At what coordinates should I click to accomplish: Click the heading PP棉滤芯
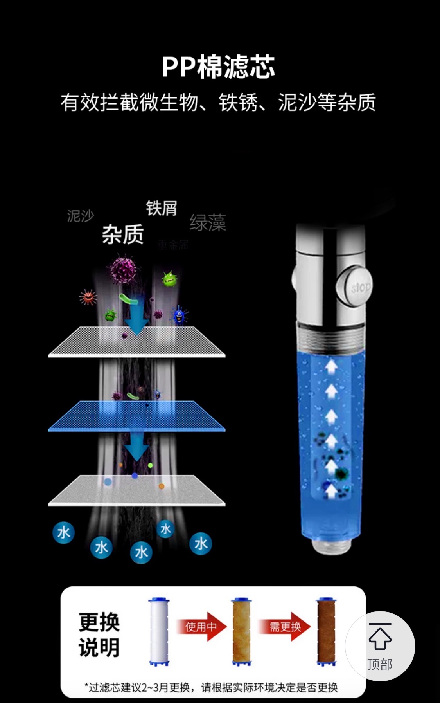tap(218, 67)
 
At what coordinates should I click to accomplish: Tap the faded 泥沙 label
tap(81, 216)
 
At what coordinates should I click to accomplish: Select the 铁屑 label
tap(162, 208)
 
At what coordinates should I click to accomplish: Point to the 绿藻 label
tap(208, 222)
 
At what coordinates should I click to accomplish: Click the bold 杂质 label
tap(123, 235)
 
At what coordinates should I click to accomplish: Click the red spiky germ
tap(88, 297)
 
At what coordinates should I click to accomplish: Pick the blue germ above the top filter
tap(179, 315)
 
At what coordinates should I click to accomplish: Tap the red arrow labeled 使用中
tap(202, 627)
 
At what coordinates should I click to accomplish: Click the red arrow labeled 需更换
tap(286, 627)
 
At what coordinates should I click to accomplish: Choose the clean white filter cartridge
tap(159, 631)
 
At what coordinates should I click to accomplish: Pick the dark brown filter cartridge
tap(326, 631)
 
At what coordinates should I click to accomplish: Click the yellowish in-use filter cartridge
tap(241, 631)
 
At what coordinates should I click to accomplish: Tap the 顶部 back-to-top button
tap(380, 646)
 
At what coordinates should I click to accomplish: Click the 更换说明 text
tap(99, 635)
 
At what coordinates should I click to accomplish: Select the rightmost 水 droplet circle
tap(201, 543)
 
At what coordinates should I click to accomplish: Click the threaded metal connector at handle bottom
tap(331, 546)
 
